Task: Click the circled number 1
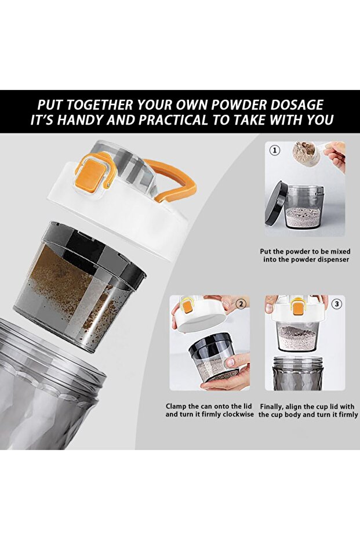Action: click(274, 150)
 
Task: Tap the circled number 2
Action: click(241, 304)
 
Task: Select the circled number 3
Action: click(336, 304)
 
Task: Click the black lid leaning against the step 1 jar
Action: click(276, 204)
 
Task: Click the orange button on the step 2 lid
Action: click(187, 306)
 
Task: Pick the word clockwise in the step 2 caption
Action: click(238, 414)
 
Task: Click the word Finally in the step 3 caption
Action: click(272, 407)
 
